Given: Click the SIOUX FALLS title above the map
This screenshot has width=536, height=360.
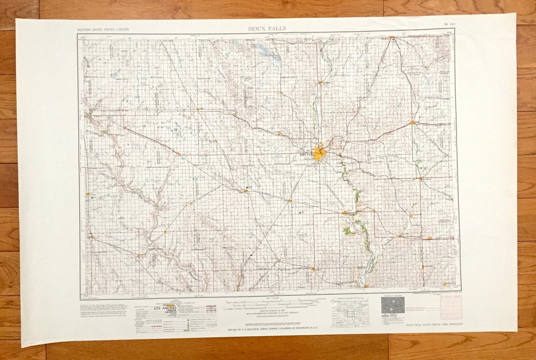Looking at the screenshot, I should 267,29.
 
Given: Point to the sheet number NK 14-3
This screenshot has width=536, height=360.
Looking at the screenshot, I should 449,24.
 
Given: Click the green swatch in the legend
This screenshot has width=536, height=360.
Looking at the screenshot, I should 186,330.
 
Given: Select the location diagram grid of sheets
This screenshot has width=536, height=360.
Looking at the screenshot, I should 350,313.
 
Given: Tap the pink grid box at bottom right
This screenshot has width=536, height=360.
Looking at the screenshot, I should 451,308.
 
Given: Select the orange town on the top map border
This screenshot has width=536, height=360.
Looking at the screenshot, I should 391,37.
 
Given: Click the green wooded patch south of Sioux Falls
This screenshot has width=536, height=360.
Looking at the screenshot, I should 349,230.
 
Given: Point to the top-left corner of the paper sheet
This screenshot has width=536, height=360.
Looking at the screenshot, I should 16,20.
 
